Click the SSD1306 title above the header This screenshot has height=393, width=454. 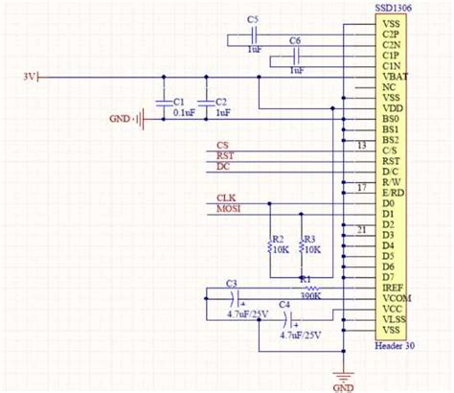pos(394,7)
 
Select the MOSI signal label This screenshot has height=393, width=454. pos(229,210)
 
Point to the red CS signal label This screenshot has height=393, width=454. pos(222,145)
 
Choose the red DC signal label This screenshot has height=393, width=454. pos(223,167)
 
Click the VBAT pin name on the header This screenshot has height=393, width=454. pos(392,76)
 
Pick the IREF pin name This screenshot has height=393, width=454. pos(391,287)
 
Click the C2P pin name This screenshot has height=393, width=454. pos(390,34)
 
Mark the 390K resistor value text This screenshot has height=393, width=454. pos(308,297)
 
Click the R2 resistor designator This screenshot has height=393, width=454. pos(278,239)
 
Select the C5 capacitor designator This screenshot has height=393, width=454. pos(252,19)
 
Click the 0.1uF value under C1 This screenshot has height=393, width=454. pos(183,112)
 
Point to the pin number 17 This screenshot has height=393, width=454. pos(360,188)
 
